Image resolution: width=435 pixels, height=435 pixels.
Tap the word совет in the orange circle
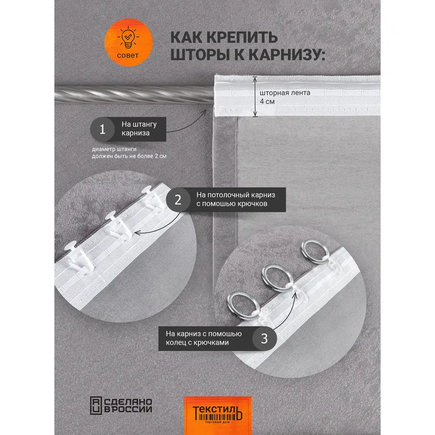pos(128,55)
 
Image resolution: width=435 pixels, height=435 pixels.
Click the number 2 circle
pos(178,200)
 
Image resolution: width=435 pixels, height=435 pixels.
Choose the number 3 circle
pos(264,338)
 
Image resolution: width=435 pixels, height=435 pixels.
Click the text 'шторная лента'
pos(285,93)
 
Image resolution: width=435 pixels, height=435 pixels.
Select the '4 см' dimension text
pos(267,102)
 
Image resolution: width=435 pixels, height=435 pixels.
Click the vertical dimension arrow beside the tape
pos(255,97)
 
